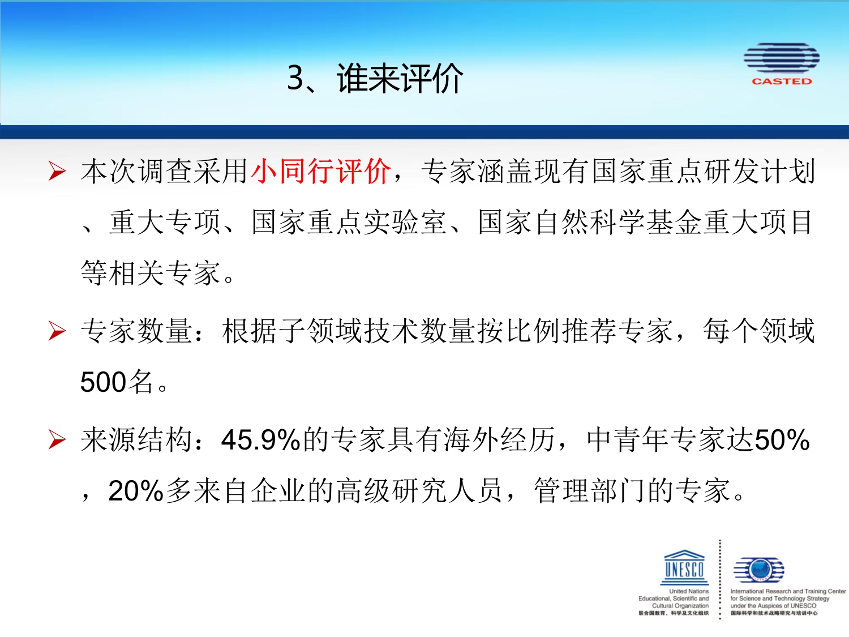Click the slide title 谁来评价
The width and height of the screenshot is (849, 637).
400,79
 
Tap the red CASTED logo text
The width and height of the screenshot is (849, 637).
782,81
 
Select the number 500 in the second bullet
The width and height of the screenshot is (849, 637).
103,382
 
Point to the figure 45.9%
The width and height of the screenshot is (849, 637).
261,440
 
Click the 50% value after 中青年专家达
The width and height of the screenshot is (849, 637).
782,440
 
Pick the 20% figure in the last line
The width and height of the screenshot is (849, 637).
136,491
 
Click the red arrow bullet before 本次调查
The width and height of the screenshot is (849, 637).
57,172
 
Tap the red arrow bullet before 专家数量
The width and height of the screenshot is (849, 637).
57,331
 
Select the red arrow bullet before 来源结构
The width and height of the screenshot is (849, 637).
57,440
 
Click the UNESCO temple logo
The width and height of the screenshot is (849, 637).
684,567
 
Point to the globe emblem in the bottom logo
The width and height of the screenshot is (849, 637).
759,569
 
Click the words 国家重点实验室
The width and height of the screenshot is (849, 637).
349,222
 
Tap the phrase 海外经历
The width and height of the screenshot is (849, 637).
499,440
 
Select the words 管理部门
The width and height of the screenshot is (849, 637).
591,490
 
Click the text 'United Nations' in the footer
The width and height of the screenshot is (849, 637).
689,591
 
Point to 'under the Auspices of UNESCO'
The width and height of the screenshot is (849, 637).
773,606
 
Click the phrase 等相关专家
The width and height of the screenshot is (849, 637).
151,273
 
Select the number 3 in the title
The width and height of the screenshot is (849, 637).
295,78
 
